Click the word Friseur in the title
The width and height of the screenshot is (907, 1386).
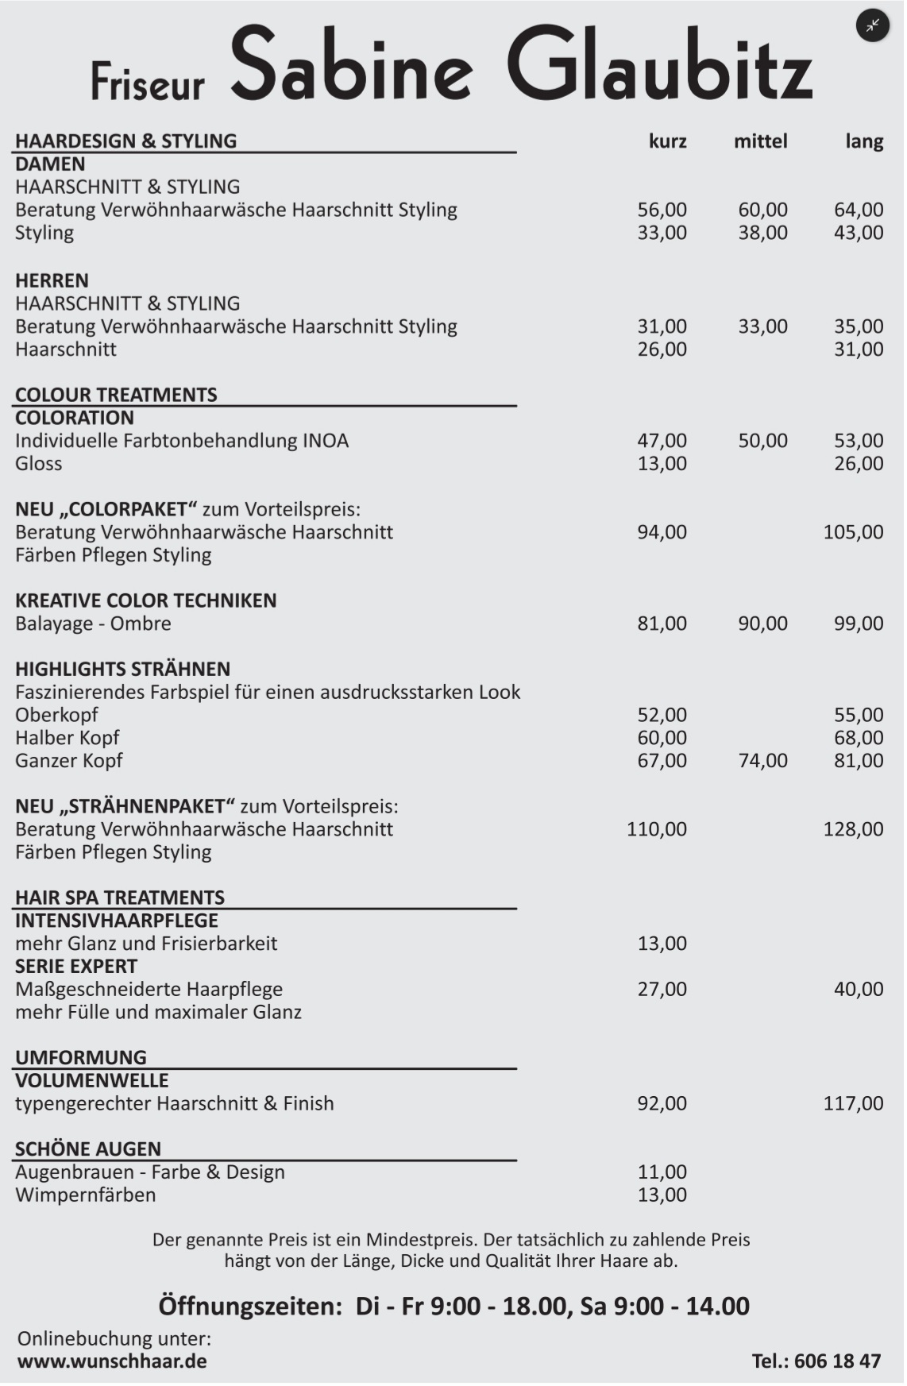click(x=148, y=81)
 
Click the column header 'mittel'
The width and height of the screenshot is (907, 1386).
click(x=760, y=141)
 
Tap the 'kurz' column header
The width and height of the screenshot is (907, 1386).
click(x=667, y=141)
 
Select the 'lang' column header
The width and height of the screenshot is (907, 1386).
click(x=864, y=141)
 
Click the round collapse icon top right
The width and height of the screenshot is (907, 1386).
click(x=872, y=25)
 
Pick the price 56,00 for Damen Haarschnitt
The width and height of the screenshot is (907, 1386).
click(x=662, y=210)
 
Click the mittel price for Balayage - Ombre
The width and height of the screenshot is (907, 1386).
click(x=762, y=624)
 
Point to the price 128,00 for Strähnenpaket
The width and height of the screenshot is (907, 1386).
click(x=853, y=829)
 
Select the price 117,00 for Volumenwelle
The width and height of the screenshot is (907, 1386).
click(x=853, y=1103)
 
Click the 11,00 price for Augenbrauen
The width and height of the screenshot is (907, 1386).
click(x=662, y=1172)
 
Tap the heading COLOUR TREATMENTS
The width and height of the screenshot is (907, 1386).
click(x=116, y=395)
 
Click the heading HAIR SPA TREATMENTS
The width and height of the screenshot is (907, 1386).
click(x=120, y=898)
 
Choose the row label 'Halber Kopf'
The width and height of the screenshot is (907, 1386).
click(x=68, y=738)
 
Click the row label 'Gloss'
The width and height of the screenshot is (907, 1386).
click(x=39, y=464)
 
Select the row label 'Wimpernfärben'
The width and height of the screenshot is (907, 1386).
click(x=86, y=1195)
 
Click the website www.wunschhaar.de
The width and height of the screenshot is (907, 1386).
click(x=112, y=1361)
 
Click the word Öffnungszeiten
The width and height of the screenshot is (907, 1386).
click(x=249, y=1306)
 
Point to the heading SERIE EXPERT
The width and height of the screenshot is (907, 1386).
click(x=76, y=967)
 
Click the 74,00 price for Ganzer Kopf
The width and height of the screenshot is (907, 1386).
click(x=762, y=761)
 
